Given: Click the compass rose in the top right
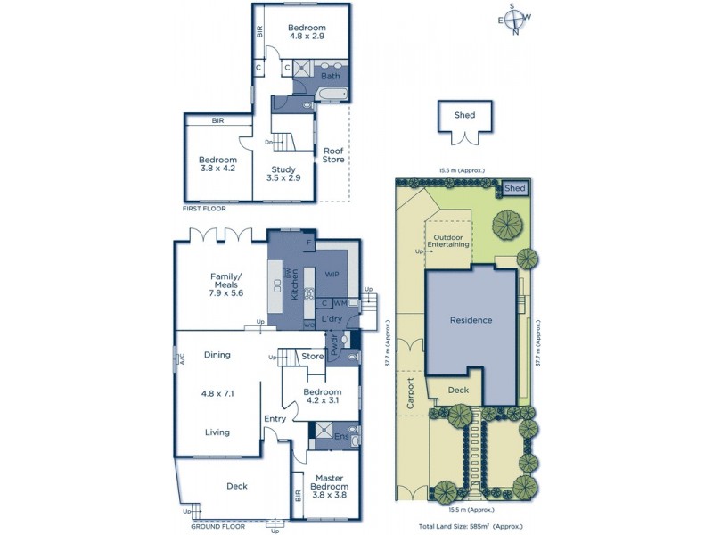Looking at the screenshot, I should [x=515, y=19].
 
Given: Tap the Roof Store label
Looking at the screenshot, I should [x=332, y=155].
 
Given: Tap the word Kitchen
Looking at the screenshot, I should [x=293, y=284].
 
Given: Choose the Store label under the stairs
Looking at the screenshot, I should [x=312, y=358].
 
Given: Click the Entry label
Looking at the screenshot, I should [x=274, y=418].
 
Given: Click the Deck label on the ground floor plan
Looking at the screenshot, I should [x=236, y=486].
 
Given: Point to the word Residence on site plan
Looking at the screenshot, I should [x=470, y=320].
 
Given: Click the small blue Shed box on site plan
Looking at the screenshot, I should [x=515, y=188].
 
